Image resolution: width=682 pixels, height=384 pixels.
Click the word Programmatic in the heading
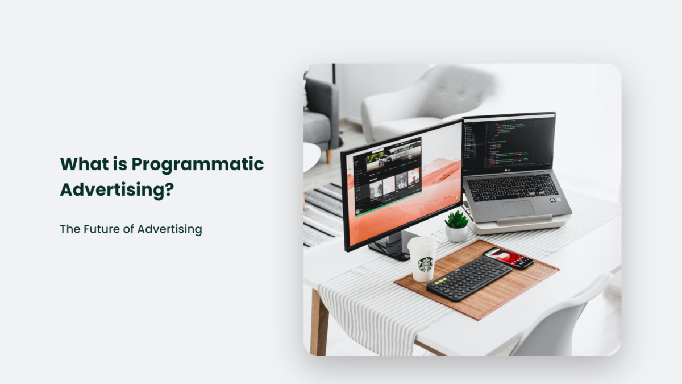point(197,164)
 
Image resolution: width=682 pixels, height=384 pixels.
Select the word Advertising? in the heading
point(117,190)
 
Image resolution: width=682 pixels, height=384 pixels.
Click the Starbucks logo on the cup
point(425,264)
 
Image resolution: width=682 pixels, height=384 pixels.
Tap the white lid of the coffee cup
point(422,242)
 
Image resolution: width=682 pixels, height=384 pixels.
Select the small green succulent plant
point(456,220)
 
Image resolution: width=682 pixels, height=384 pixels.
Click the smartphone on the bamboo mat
point(509,258)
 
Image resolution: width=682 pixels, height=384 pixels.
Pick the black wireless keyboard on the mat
point(469,278)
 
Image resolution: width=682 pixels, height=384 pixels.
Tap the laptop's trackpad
point(518,208)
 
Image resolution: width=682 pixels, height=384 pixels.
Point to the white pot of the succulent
point(456,233)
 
